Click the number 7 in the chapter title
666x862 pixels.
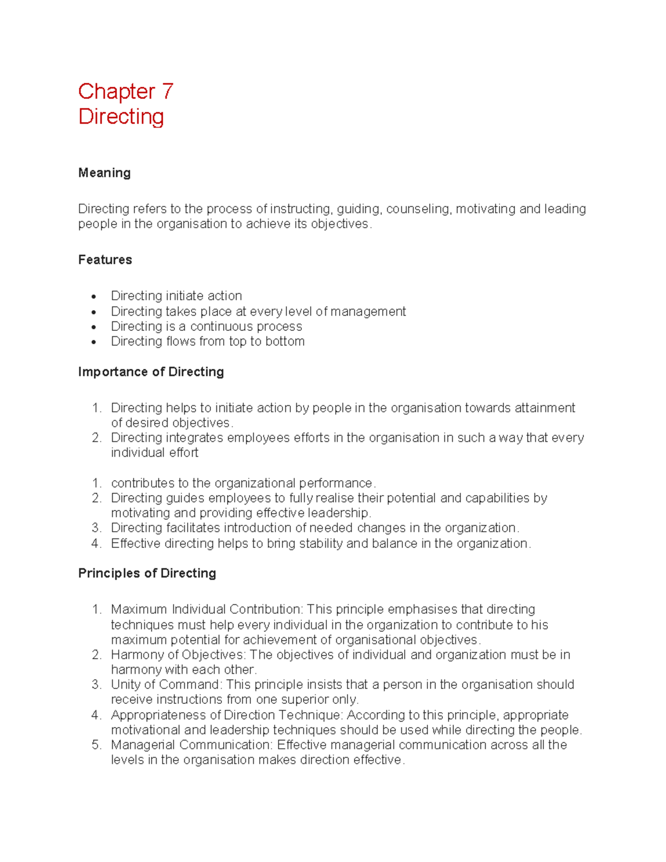coord(167,92)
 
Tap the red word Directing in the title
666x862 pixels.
coord(121,117)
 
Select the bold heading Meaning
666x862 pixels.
coord(104,173)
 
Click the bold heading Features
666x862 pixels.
coord(105,260)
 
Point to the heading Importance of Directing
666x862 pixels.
coord(151,372)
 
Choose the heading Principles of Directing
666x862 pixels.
coord(147,573)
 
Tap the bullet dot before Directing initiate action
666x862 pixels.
coord(94,296)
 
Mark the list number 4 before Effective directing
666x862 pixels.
coord(96,543)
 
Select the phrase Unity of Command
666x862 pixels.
coord(165,685)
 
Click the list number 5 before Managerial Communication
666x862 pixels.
coord(96,745)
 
